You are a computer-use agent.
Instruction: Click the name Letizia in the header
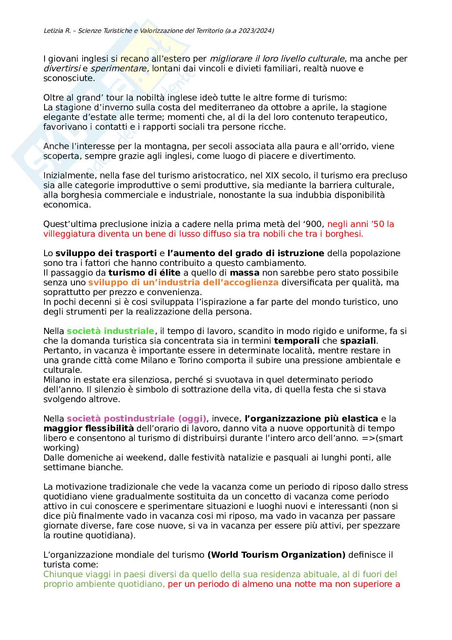pyautogui.click(x=51, y=30)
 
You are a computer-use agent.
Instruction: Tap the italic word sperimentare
pyautogui.click(x=118, y=68)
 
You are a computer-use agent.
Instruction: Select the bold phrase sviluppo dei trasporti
pyautogui.click(x=106, y=253)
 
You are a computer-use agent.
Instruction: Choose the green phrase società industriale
pyautogui.click(x=110, y=331)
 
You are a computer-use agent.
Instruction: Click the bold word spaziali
pyautogui.click(x=358, y=341)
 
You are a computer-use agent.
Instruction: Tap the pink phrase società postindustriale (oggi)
pyautogui.click(x=136, y=419)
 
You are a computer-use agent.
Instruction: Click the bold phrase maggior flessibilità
pyautogui.click(x=88, y=428)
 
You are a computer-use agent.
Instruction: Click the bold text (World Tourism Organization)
pyautogui.click(x=276, y=555)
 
